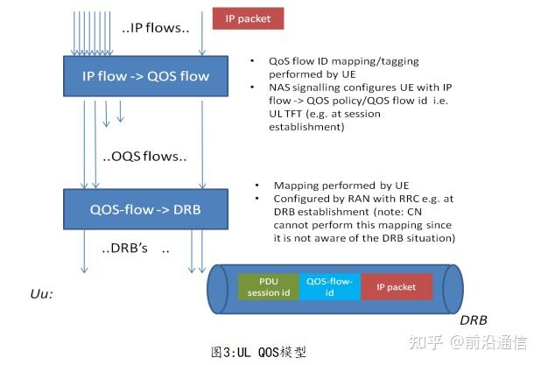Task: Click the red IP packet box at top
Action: [249, 17]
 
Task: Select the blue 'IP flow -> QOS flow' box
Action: [146, 76]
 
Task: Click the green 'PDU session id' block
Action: [267, 286]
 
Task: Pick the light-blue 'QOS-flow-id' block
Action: [329, 286]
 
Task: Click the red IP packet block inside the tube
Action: [397, 286]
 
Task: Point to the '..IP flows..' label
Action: [156, 28]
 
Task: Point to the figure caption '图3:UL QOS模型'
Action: [259, 351]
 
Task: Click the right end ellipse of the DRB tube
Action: [453, 287]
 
